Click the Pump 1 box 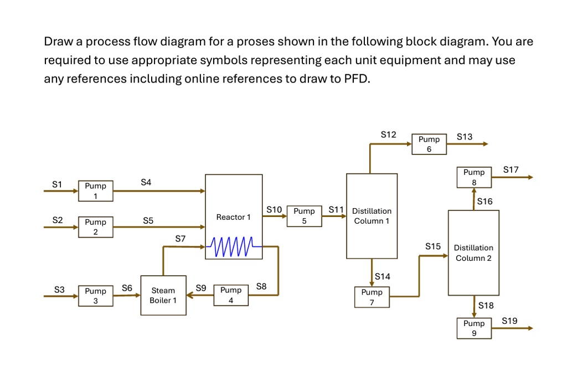[95, 191]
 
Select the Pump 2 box [95, 227]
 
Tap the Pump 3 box [95, 296]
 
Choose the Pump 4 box [231, 295]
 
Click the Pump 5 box [304, 216]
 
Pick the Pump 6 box [429, 144]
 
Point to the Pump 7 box [372, 297]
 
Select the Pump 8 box [474, 177]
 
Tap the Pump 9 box [474, 328]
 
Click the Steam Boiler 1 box [163, 295]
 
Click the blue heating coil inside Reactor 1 [233, 247]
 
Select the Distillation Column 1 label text [372, 216]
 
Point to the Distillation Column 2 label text [473, 253]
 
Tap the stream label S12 [389, 135]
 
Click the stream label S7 [181, 239]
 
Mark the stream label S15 [433, 246]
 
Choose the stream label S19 [510, 321]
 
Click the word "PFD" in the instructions [354, 79]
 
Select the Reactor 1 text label [233, 217]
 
